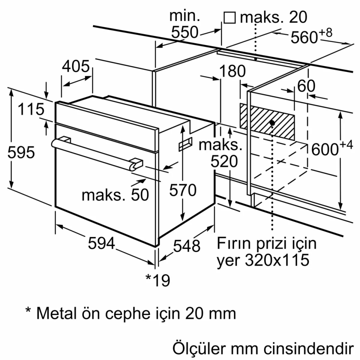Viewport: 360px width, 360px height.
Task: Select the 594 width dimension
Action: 101,244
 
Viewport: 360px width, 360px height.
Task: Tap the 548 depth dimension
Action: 186,246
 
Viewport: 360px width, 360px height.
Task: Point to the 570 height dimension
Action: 183,190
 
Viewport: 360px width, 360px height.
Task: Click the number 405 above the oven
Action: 76,67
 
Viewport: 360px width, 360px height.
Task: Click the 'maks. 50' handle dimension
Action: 115,195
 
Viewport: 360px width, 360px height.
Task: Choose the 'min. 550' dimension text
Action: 184,24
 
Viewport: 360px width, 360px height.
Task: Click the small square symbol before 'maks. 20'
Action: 229,17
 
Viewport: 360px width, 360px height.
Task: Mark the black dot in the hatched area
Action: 272,123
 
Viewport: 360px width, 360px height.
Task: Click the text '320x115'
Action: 277,260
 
